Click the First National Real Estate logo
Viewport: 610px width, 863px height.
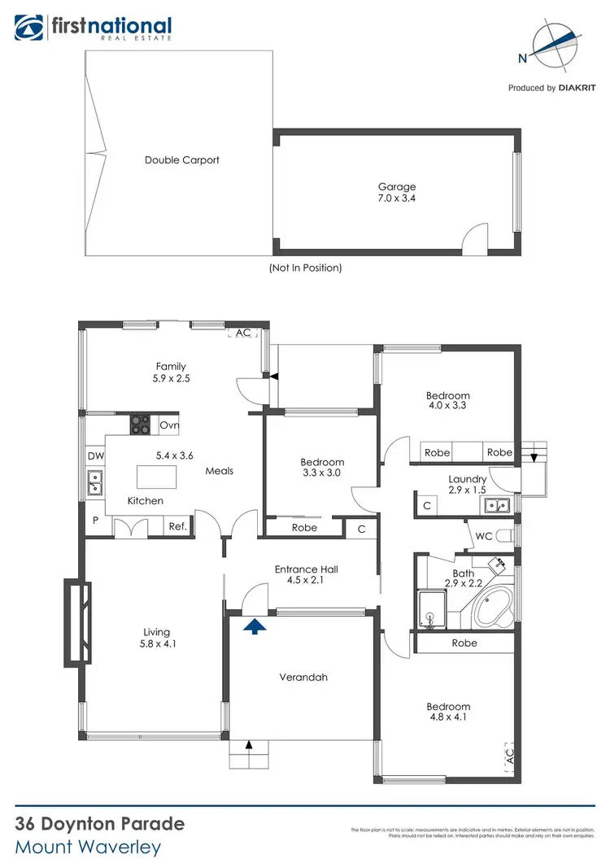(x=93, y=28)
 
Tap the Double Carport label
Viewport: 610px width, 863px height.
(x=182, y=160)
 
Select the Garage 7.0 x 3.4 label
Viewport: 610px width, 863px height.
(x=397, y=192)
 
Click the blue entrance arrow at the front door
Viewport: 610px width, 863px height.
(x=255, y=625)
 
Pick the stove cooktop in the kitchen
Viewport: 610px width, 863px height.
(x=141, y=425)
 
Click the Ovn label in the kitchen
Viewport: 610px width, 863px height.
(x=168, y=425)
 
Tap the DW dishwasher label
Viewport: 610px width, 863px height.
(x=94, y=456)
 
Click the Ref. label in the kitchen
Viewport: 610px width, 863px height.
(x=177, y=527)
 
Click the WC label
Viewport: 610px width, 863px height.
(x=483, y=537)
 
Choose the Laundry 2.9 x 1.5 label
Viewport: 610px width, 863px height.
(x=468, y=485)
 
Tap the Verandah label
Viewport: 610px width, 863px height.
(x=303, y=677)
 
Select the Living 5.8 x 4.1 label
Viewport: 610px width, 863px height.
(x=157, y=638)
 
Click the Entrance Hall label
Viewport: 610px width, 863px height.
(x=306, y=575)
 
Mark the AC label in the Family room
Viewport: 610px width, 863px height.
(x=243, y=333)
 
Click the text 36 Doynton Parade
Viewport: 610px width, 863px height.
(x=100, y=823)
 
